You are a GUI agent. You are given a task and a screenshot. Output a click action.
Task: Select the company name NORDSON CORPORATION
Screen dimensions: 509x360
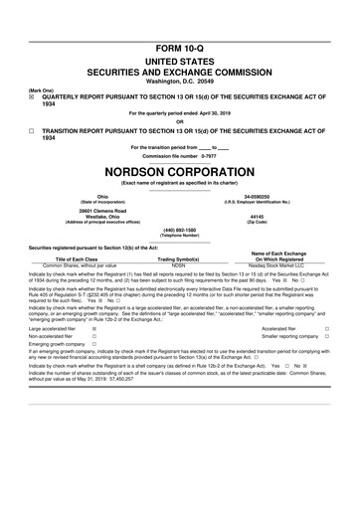click(x=180, y=169)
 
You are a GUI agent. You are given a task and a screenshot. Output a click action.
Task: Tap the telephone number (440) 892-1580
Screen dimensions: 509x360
click(x=180, y=234)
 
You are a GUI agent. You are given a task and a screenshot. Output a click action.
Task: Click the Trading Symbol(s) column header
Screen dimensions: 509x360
click(x=179, y=259)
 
